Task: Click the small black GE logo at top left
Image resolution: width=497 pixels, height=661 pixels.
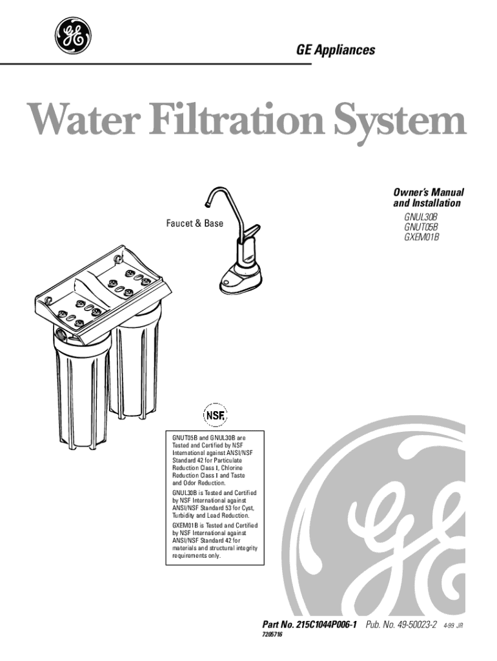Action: (x=72, y=37)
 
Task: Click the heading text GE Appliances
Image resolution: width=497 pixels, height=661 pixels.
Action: (x=336, y=50)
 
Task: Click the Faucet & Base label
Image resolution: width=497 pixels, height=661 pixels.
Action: (x=195, y=223)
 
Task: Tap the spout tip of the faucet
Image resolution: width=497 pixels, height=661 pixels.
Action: (x=207, y=205)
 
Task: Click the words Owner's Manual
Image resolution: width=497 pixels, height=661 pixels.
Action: (x=429, y=192)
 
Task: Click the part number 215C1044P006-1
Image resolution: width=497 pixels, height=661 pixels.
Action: (x=329, y=625)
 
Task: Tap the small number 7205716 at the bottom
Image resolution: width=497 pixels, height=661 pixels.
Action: (x=272, y=635)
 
